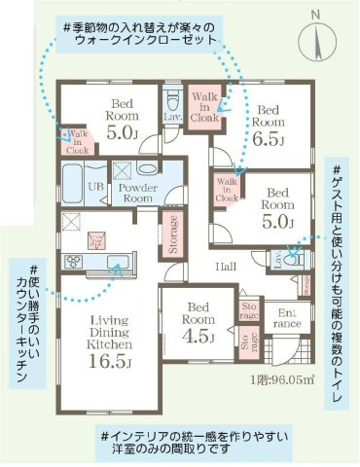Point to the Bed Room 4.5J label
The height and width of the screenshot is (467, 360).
(x=198, y=328)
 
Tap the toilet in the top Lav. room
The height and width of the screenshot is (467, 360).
(x=174, y=99)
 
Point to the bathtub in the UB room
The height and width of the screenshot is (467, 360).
(x=74, y=182)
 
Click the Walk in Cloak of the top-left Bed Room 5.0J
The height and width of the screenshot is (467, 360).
(x=77, y=143)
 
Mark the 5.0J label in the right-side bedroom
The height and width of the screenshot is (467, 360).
(x=278, y=222)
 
